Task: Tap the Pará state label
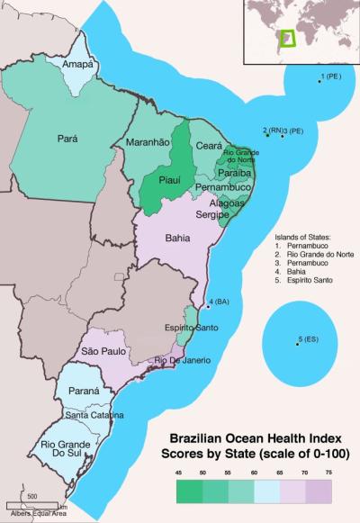click(67, 139)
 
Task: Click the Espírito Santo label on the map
click(191, 328)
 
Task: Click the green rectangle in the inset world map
click(287, 38)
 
